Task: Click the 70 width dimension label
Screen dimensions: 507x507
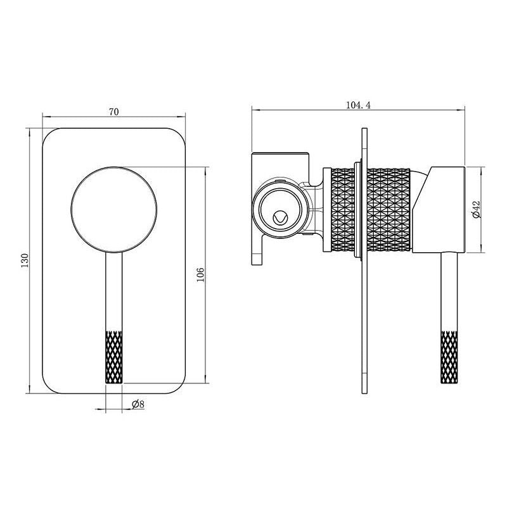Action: (x=113, y=112)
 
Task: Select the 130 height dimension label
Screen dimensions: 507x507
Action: (x=25, y=260)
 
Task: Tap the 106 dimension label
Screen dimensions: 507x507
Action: (x=200, y=274)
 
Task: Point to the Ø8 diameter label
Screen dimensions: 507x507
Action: (x=138, y=404)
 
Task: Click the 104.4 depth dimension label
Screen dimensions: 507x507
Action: (x=358, y=105)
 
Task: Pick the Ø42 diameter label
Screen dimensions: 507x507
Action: (x=477, y=210)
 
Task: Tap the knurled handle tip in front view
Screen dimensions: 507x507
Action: (x=113, y=355)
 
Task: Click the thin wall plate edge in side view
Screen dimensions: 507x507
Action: (x=365, y=317)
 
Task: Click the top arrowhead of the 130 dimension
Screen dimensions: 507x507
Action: (x=29, y=131)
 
